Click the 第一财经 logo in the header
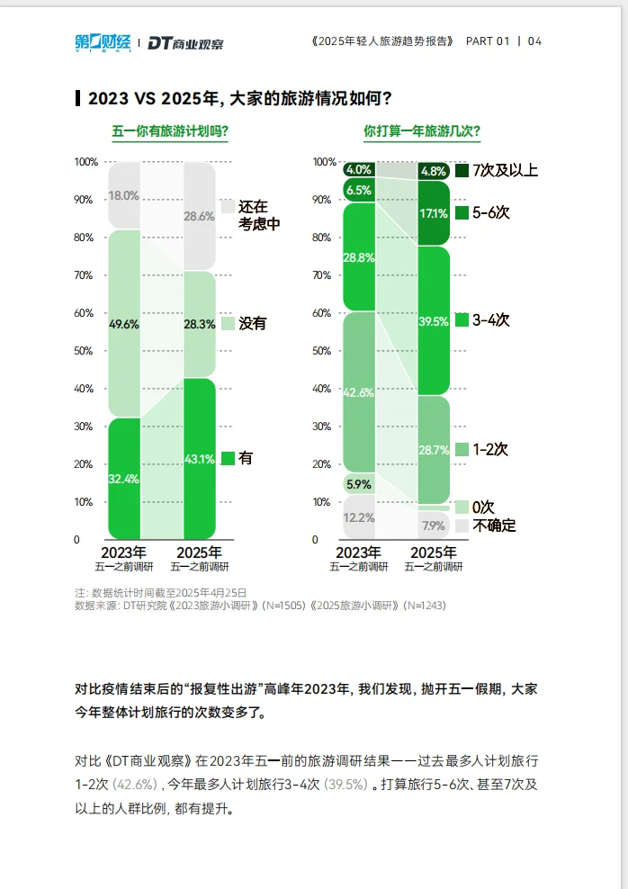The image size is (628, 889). click(x=103, y=41)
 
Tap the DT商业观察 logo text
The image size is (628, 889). click(x=185, y=42)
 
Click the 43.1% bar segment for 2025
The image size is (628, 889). click(x=199, y=459)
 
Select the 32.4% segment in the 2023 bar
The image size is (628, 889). click(x=124, y=479)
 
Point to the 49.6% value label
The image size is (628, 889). click(x=124, y=325)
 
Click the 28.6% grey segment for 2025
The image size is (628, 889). click(x=199, y=216)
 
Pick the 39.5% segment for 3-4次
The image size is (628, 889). click(x=434, y=321)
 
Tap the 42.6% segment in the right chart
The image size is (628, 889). click(x=359, y=391)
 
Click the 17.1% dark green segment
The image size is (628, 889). click(x=434, y=214)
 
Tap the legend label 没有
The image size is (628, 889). click(x=252, y=323)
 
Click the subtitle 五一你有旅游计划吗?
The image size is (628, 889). click(x=169, y=131)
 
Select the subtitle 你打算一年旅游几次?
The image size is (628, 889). click(x=422, y=131)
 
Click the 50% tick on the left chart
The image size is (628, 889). click(x=83, y=351)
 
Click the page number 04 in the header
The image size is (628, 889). click(x=534, y=41)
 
